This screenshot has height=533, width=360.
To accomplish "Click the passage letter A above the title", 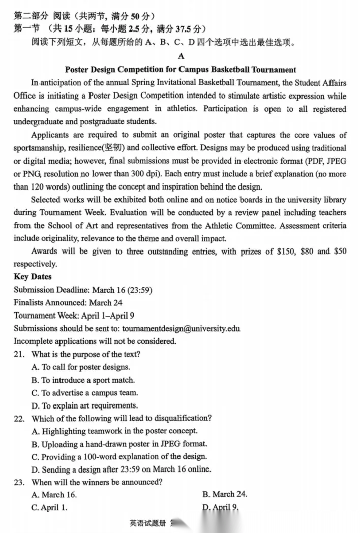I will [182, 57].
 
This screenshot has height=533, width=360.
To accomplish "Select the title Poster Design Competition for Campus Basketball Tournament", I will [181, 70].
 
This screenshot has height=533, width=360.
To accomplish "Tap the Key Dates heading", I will [33, 277].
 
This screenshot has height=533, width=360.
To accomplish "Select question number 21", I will [19, 354].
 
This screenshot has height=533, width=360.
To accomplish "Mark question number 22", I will [19, 418].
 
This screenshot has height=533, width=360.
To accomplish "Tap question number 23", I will [19, 482].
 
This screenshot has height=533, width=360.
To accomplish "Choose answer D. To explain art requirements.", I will [84, 405].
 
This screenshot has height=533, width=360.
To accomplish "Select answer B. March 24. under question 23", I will [225, 494].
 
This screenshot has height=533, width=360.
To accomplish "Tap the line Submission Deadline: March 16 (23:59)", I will [83, 290].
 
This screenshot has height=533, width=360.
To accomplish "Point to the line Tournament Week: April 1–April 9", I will [74, 316].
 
